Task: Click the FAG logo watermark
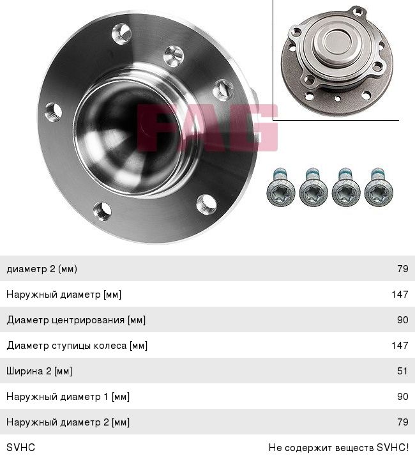click(207, 128)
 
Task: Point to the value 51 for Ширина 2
click(402, 371)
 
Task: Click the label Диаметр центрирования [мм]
click(76, 320)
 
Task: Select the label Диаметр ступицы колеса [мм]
click(77, 345)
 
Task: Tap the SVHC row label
click(20, 447)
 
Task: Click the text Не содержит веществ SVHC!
click(338, 447)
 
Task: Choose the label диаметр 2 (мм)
click(41, 269)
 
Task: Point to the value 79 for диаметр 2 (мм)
click(403, 268)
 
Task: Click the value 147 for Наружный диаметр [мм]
click(400, 294)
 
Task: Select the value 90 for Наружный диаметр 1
click(403, 396)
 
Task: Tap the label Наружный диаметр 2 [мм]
click(68, 422)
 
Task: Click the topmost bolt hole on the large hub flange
click(121, 34)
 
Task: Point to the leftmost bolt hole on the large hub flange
click(54, 112)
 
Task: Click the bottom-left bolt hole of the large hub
click(102, 211)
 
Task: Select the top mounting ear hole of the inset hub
click(358, 12)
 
